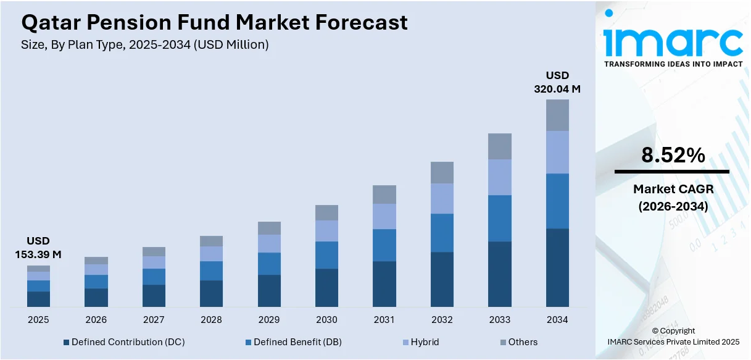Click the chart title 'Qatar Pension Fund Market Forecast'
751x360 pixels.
(x=214, y=23)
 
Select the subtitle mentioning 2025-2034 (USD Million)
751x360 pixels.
(x=145, y=44)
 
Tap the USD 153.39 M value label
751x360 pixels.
(x=38, y=248)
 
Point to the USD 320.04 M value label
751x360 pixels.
(x=557, y=82)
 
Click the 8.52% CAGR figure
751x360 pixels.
(x=673, y=156)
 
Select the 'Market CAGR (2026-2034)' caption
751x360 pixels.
(x=673, y=198)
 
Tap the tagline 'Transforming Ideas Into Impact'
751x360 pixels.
(x=673, y=64)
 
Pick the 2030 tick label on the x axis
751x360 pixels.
(x=326, y=320)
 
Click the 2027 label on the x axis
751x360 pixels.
(x=154, y=320)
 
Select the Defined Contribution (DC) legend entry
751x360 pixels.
(x=123, y=342)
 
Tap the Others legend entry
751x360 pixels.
(x=517, y=342)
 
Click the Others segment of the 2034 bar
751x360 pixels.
(x=557, y=115)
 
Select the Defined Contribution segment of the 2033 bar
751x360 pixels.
(x=500, y=274)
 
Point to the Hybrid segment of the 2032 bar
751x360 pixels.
(x=442, y=198)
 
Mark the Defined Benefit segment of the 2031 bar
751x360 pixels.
(x=384, y=245)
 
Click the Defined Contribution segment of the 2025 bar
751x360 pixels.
(x=38, y=299)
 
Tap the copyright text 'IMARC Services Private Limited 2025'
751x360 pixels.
(x=673, y=341)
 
